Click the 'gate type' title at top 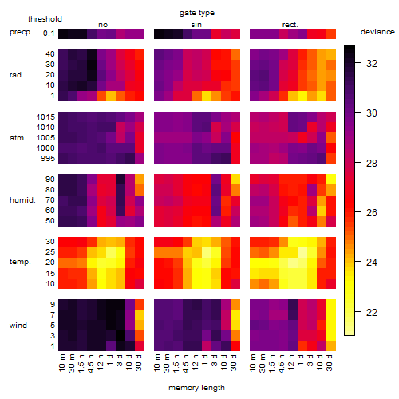[x=197, y=13]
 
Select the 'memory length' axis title [x=196, y=388]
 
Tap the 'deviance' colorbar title [x=377, y=32]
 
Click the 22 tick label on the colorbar [x=372, y=312]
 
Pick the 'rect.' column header [x=290, y=25]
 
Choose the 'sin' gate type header [x=196, y=25]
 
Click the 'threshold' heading [x=45, y=19]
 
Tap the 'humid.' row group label [x=22, y=200]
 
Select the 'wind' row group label [x=18, y=326]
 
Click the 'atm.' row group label [x=18, y=138]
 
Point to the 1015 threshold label [x=45, y=117]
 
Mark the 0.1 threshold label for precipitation [x=49, y=34]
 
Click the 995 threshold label [x=48, y=159]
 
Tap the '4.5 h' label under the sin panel [x=186, y=363]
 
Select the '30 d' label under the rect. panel [x=330, y=362]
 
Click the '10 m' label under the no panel [x=61, y=362]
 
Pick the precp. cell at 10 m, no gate [x=63, y=34]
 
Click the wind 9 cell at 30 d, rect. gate [x=331, y=305]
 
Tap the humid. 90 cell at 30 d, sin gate [x=235, y=180]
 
